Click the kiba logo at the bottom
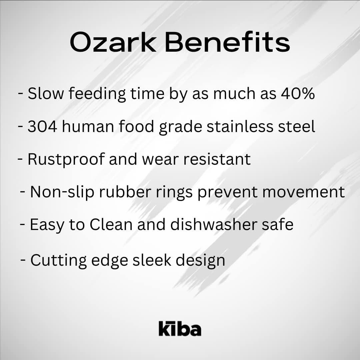180,328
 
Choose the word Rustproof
66,160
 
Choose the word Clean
111,225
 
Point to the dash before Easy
23,224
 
